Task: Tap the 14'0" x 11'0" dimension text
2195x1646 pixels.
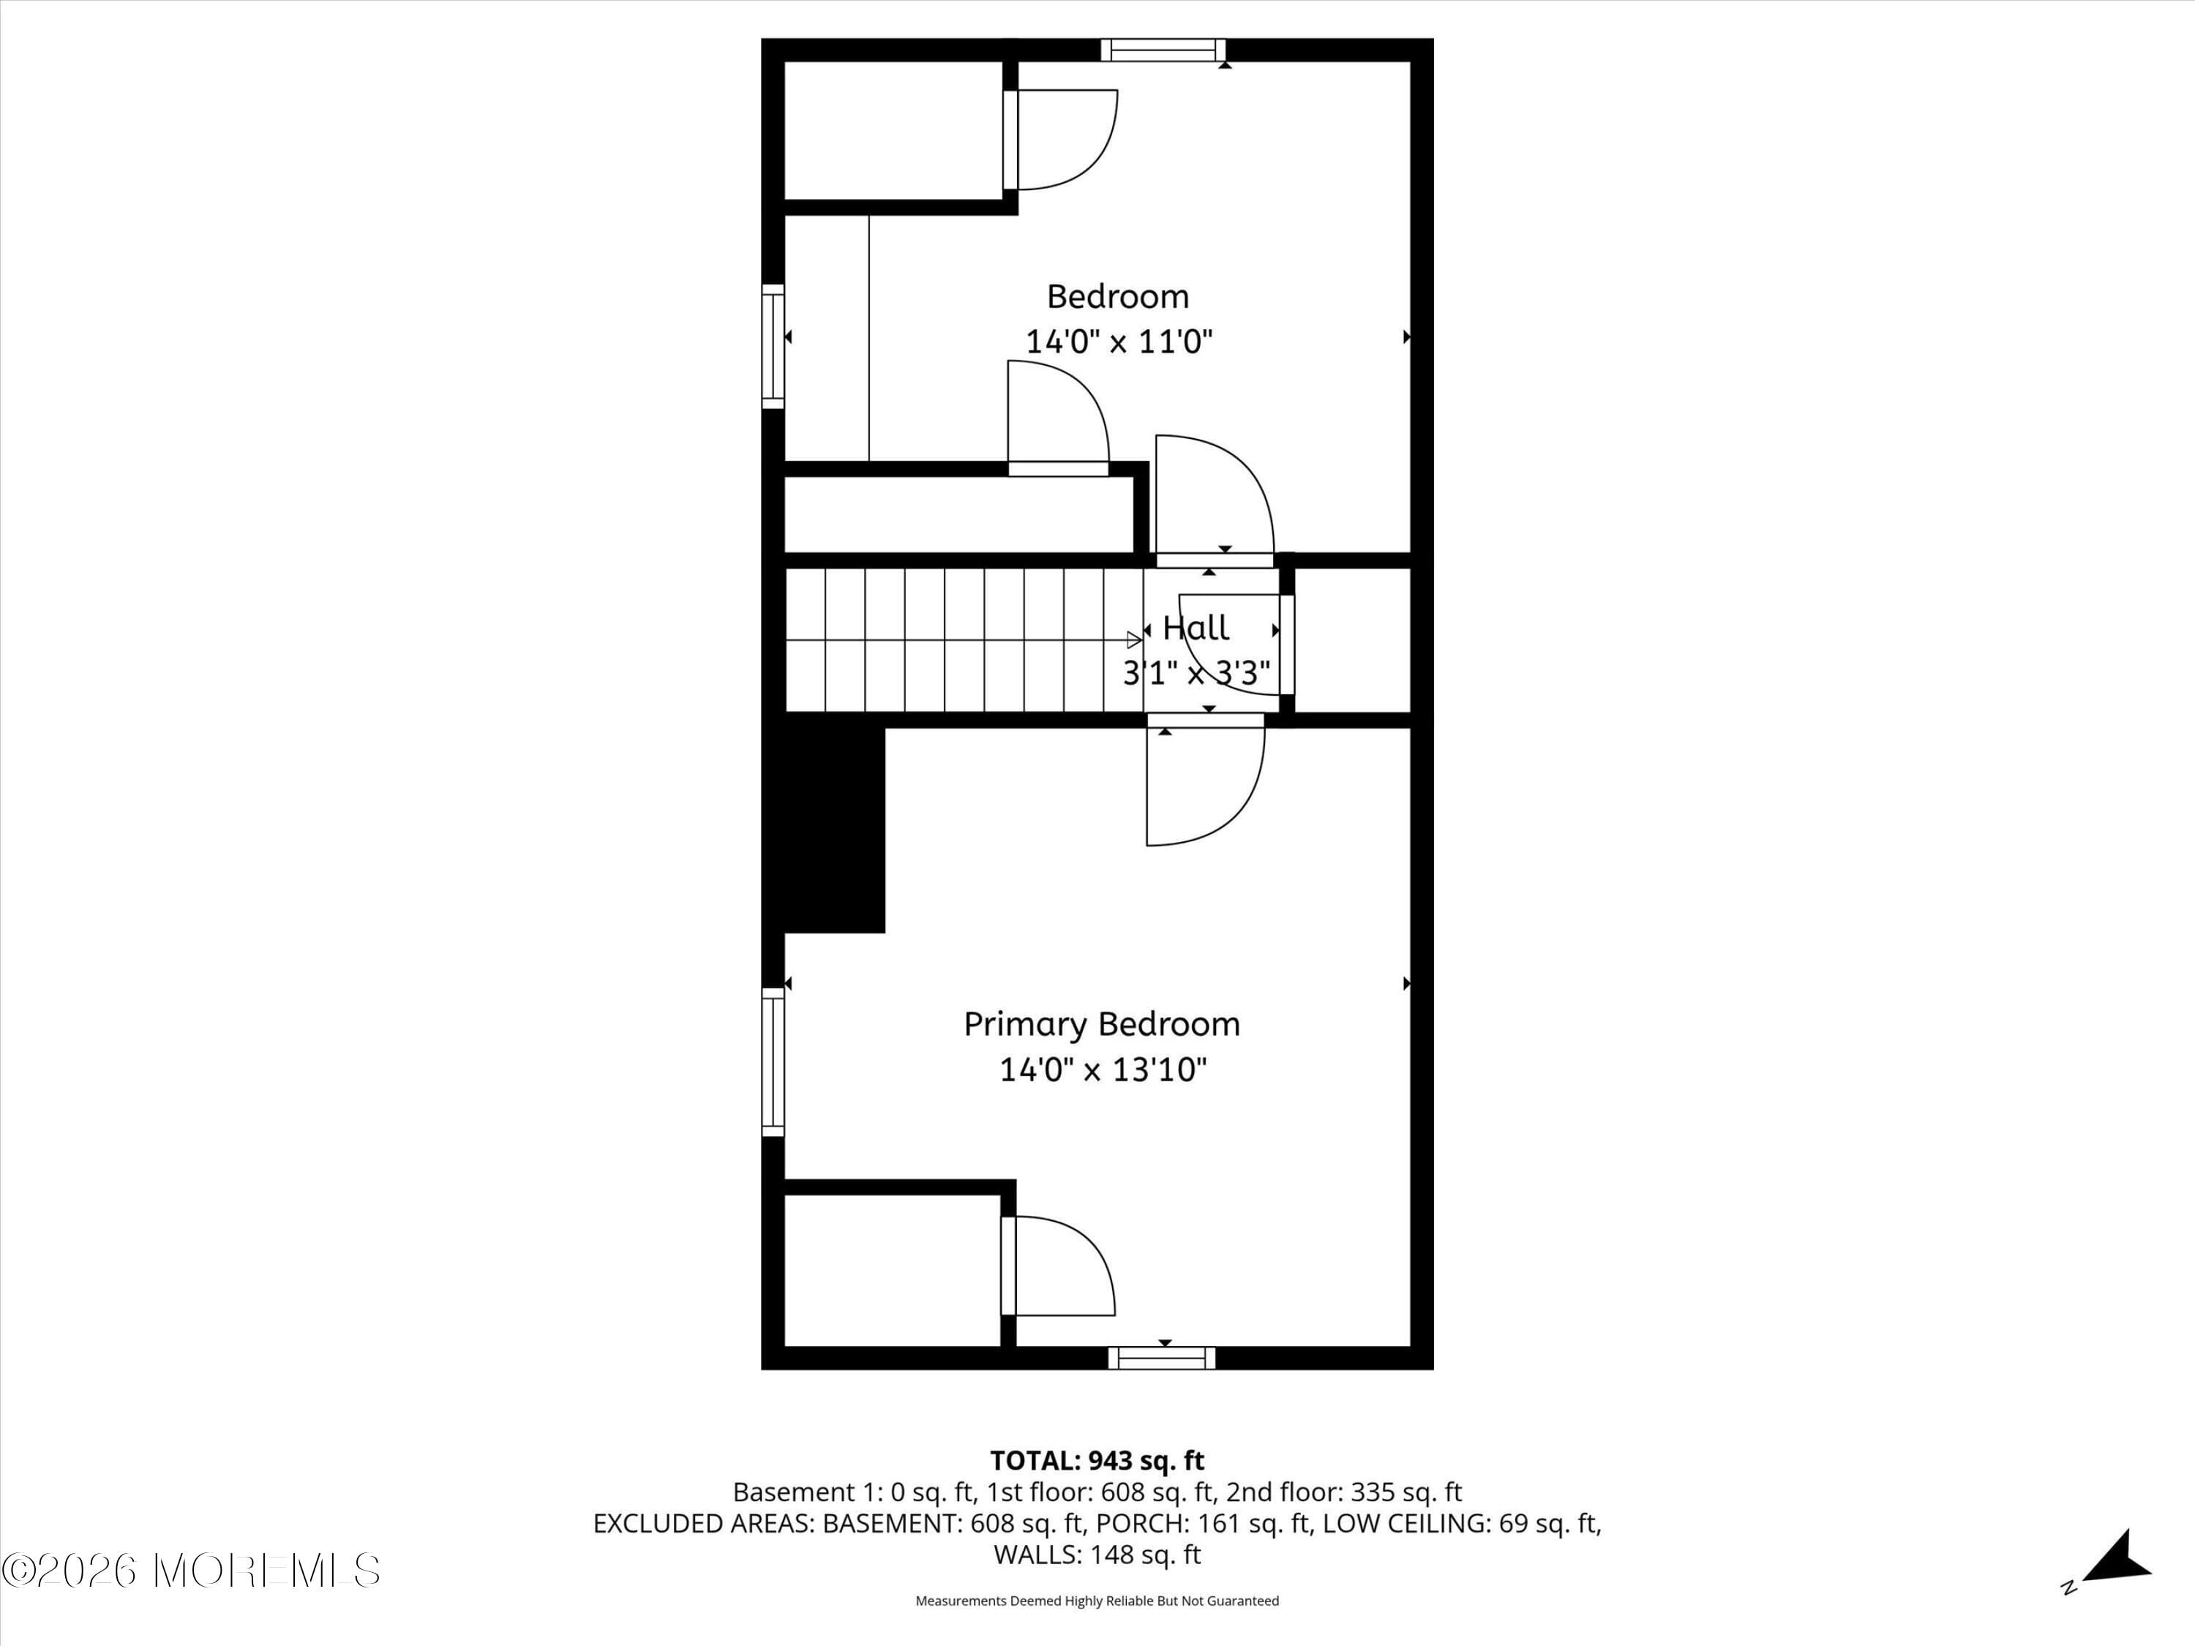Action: pyautogui.click(x=1118, y=342)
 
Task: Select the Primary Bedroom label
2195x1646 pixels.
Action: pyautogui.click(x=1101, y=1024)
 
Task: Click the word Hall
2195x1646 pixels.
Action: pyautogui.click(x=1195, y=627)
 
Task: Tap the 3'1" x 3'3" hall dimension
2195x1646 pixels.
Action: pyautogui.click(x=1195, y=674)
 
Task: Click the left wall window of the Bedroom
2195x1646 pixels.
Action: pyautogui.click(x=773, y=345)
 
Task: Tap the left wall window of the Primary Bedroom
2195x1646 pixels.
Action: pyautogui.click(x=773, y=1061)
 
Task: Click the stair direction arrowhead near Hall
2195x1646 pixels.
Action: pyautogui.click(x=1133, y=640)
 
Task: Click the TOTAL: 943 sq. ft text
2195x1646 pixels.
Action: pyautogui.click(x=1097, y=1460)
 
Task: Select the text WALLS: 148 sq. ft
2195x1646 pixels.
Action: pyautogui.click(x=1097, y=1555)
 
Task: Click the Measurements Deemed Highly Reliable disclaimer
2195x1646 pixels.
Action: pyautogui.click(x=1097, y=1601)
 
